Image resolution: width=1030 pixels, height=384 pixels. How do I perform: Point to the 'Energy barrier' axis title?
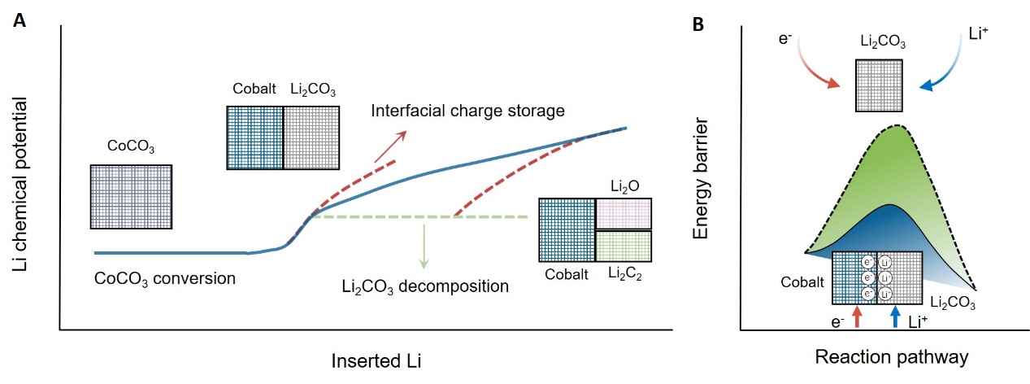(x=701, y=181)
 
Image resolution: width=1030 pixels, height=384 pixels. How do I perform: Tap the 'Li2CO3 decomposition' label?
(x=425, y=286)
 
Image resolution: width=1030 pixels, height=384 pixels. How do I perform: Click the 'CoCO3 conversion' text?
(x=164, y=278)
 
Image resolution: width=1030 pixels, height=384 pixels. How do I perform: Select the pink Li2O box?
(x=624, y=214)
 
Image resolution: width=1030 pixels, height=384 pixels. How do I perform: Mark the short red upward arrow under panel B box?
(x=858, y=316)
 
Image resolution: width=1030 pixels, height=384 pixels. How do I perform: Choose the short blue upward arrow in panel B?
(x=895, y=316)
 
